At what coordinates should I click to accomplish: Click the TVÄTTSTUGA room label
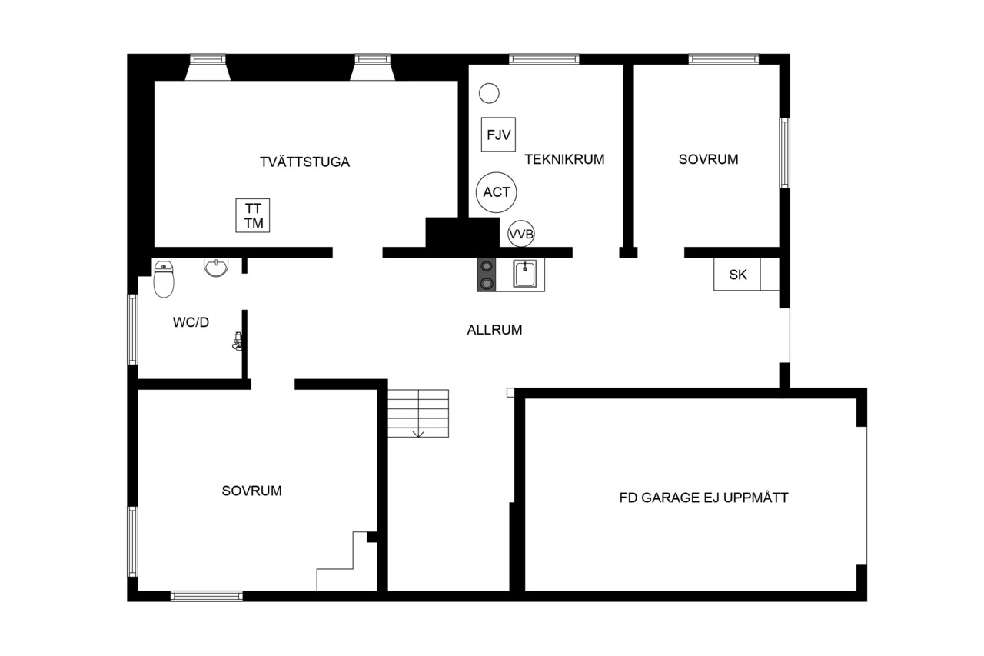click(304, 162)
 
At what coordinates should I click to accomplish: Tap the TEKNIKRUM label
click(564, 159)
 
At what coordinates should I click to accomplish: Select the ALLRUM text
click(494, 329)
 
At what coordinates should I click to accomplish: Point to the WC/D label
click(191, 322)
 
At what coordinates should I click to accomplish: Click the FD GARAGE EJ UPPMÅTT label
click(703, 498)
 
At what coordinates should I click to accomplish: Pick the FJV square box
click(498, 135)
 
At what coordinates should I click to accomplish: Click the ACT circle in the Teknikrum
click(497, 192)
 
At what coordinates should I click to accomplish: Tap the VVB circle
click(521, 234)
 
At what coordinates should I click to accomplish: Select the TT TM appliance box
click(253, 215)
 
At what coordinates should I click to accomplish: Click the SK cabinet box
click(737, 275)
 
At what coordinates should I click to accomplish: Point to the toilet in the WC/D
click(164, 279)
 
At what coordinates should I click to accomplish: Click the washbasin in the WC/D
click(216, 267)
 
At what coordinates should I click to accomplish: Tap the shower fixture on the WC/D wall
click(238, 341)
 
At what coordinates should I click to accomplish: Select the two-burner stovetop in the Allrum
click(487, 275)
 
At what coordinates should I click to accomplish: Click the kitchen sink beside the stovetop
click(525, 274)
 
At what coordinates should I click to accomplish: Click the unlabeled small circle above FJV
click(489, 93)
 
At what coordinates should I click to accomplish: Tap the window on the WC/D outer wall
click(132, 329)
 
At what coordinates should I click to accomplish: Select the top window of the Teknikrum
click(544, 59)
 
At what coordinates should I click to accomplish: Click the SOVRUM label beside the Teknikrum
click(708, 159)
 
